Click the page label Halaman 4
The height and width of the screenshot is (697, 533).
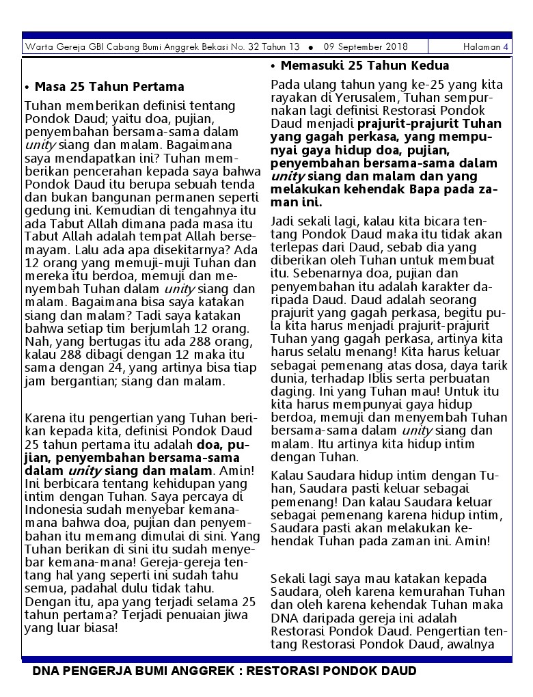(x=486, y=47)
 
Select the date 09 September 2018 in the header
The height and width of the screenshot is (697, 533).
(x=366, y=47)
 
